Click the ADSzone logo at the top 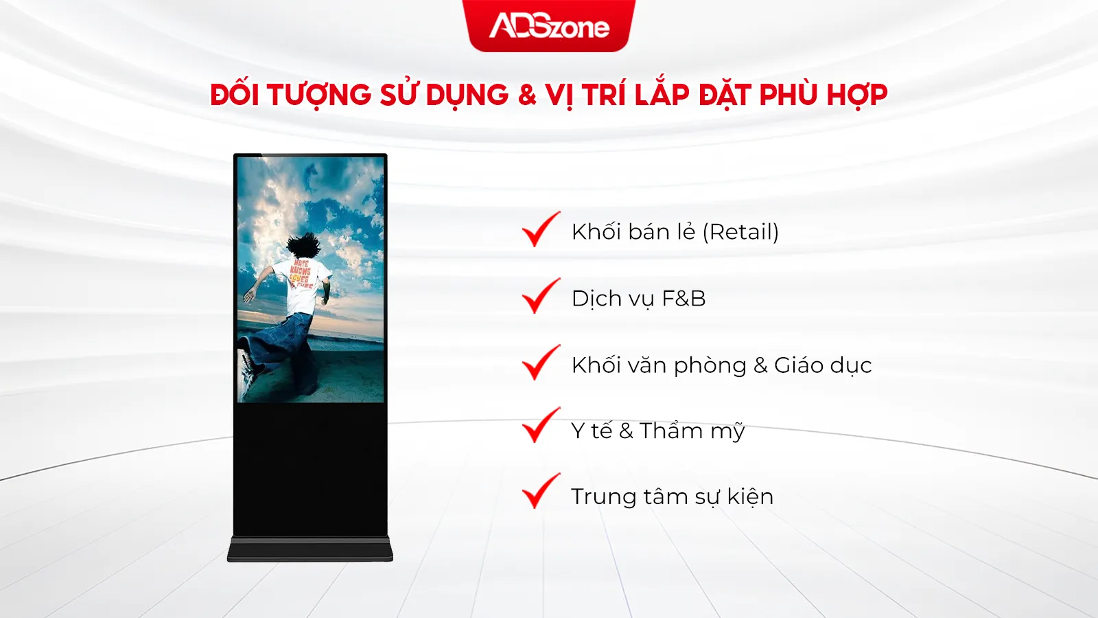pos(549,26)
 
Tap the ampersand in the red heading pos(527,95)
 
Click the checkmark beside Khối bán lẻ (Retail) pos(541,229)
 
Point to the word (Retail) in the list pos(740,232)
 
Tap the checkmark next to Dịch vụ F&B pos(541,296)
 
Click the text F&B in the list pos(684,299)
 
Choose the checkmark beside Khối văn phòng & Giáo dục pos(541,363)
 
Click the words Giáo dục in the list pos(823,365)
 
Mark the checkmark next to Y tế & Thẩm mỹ pos(541,426)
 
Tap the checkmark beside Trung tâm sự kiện pos(541,491)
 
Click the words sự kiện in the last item pos(734,496)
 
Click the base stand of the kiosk pos(310,549)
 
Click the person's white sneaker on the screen pos(245,371)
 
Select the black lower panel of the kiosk pos(310,467)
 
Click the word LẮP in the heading pos(661,95)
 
